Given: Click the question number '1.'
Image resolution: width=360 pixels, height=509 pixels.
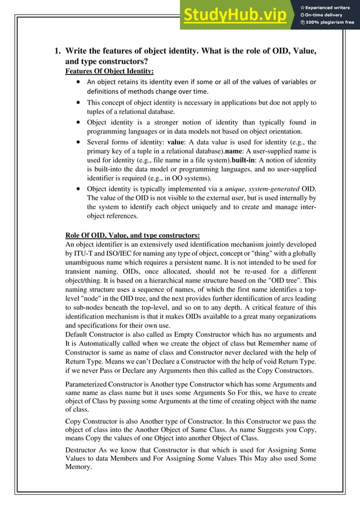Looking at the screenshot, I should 58,51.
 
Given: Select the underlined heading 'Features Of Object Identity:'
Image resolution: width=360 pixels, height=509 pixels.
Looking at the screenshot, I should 109,71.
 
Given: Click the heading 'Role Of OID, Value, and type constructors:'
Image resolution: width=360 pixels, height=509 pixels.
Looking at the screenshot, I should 133,235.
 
